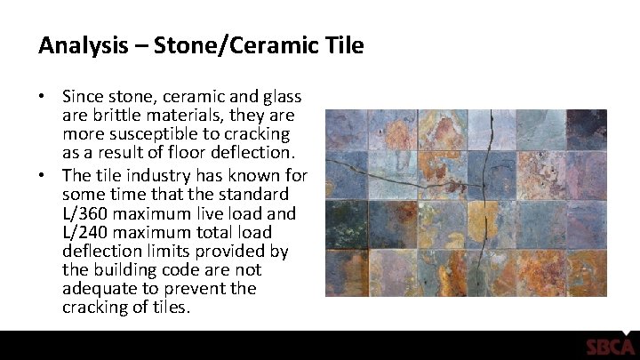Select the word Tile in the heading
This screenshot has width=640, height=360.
(x=343, y=45)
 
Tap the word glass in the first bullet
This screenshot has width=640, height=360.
(x=279, y=96)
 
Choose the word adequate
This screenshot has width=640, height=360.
(x=99, y=289)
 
